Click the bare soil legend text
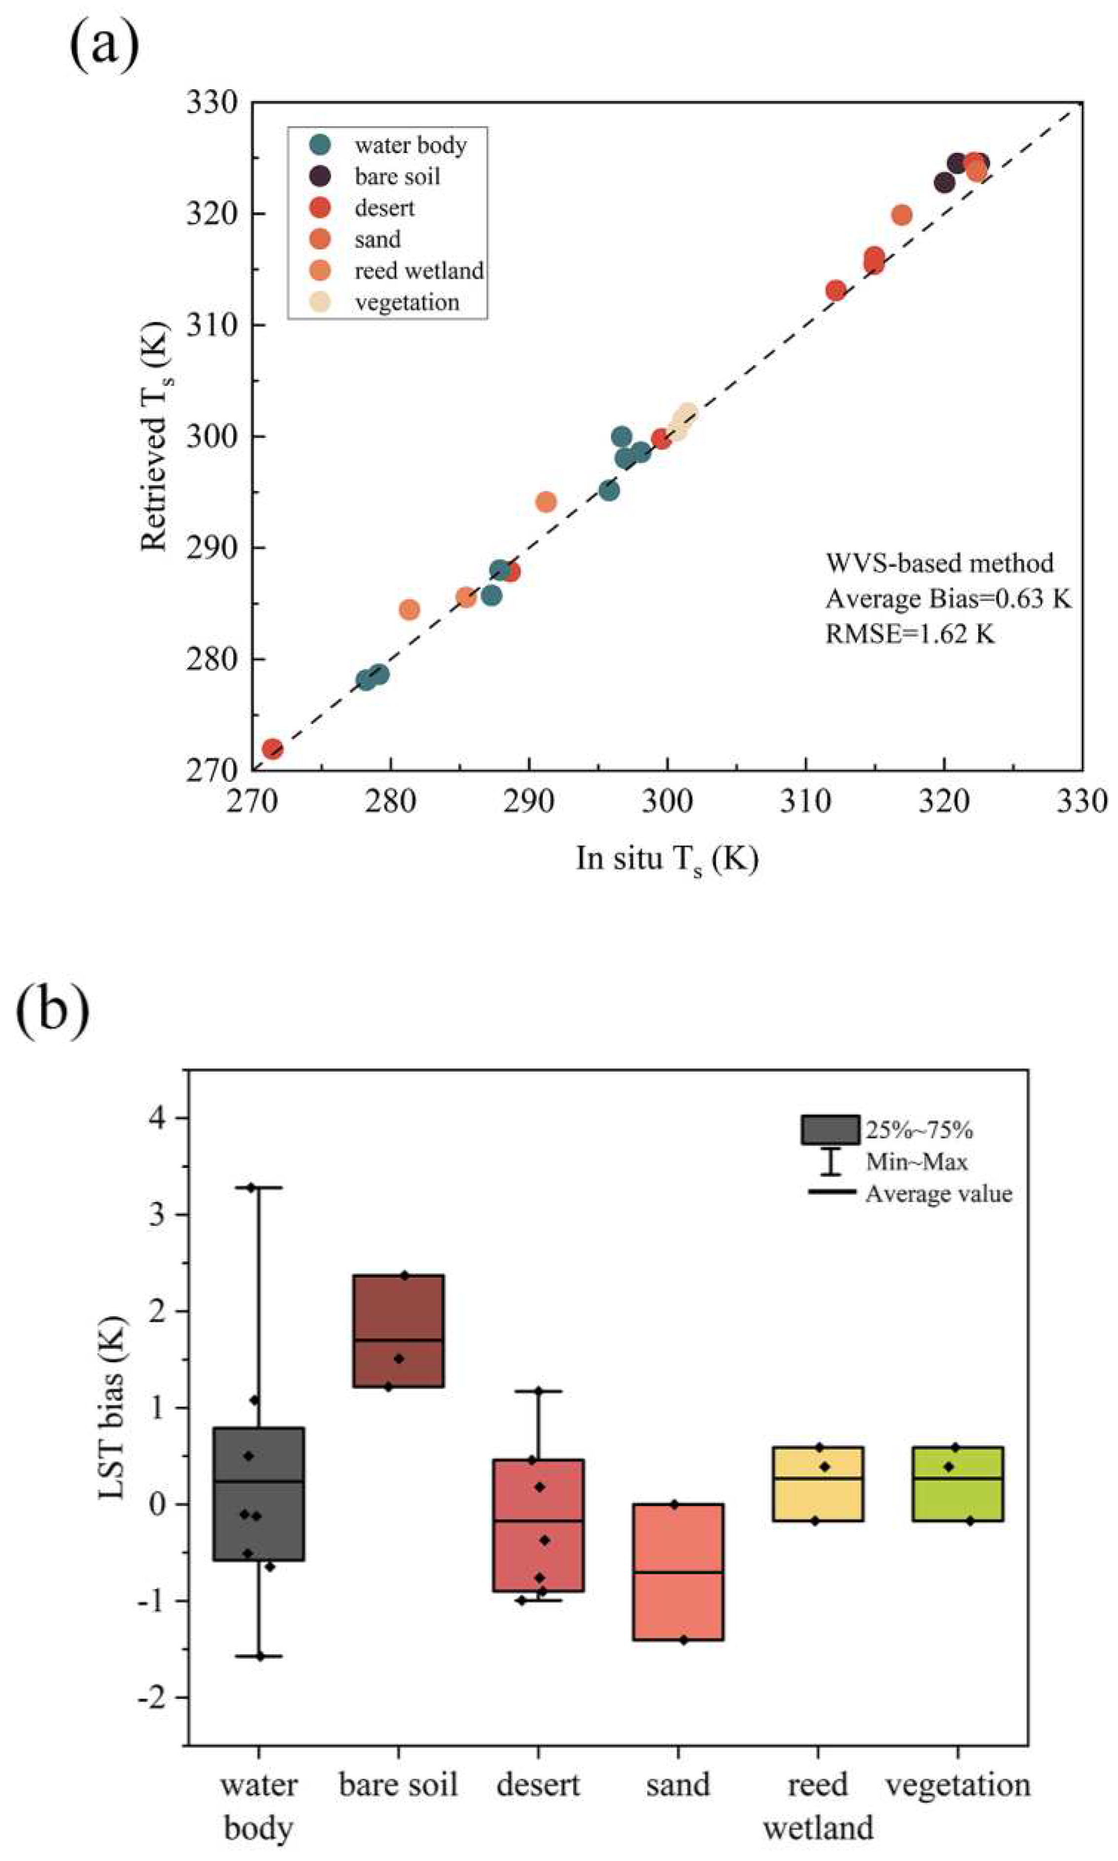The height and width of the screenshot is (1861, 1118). click(x=397, y=176)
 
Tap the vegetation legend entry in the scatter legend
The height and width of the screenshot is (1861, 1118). click(x=407, y=302)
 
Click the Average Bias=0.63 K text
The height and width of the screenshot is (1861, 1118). click(x=948, y=599)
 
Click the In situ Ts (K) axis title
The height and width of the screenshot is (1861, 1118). click(x=667, y=859)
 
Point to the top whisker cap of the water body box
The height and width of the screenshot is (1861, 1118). click(x=259, y=1188)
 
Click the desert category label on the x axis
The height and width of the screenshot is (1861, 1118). click(x=538, y=1785)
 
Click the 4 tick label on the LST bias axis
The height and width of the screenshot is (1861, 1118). click(x=159, y=1118)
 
